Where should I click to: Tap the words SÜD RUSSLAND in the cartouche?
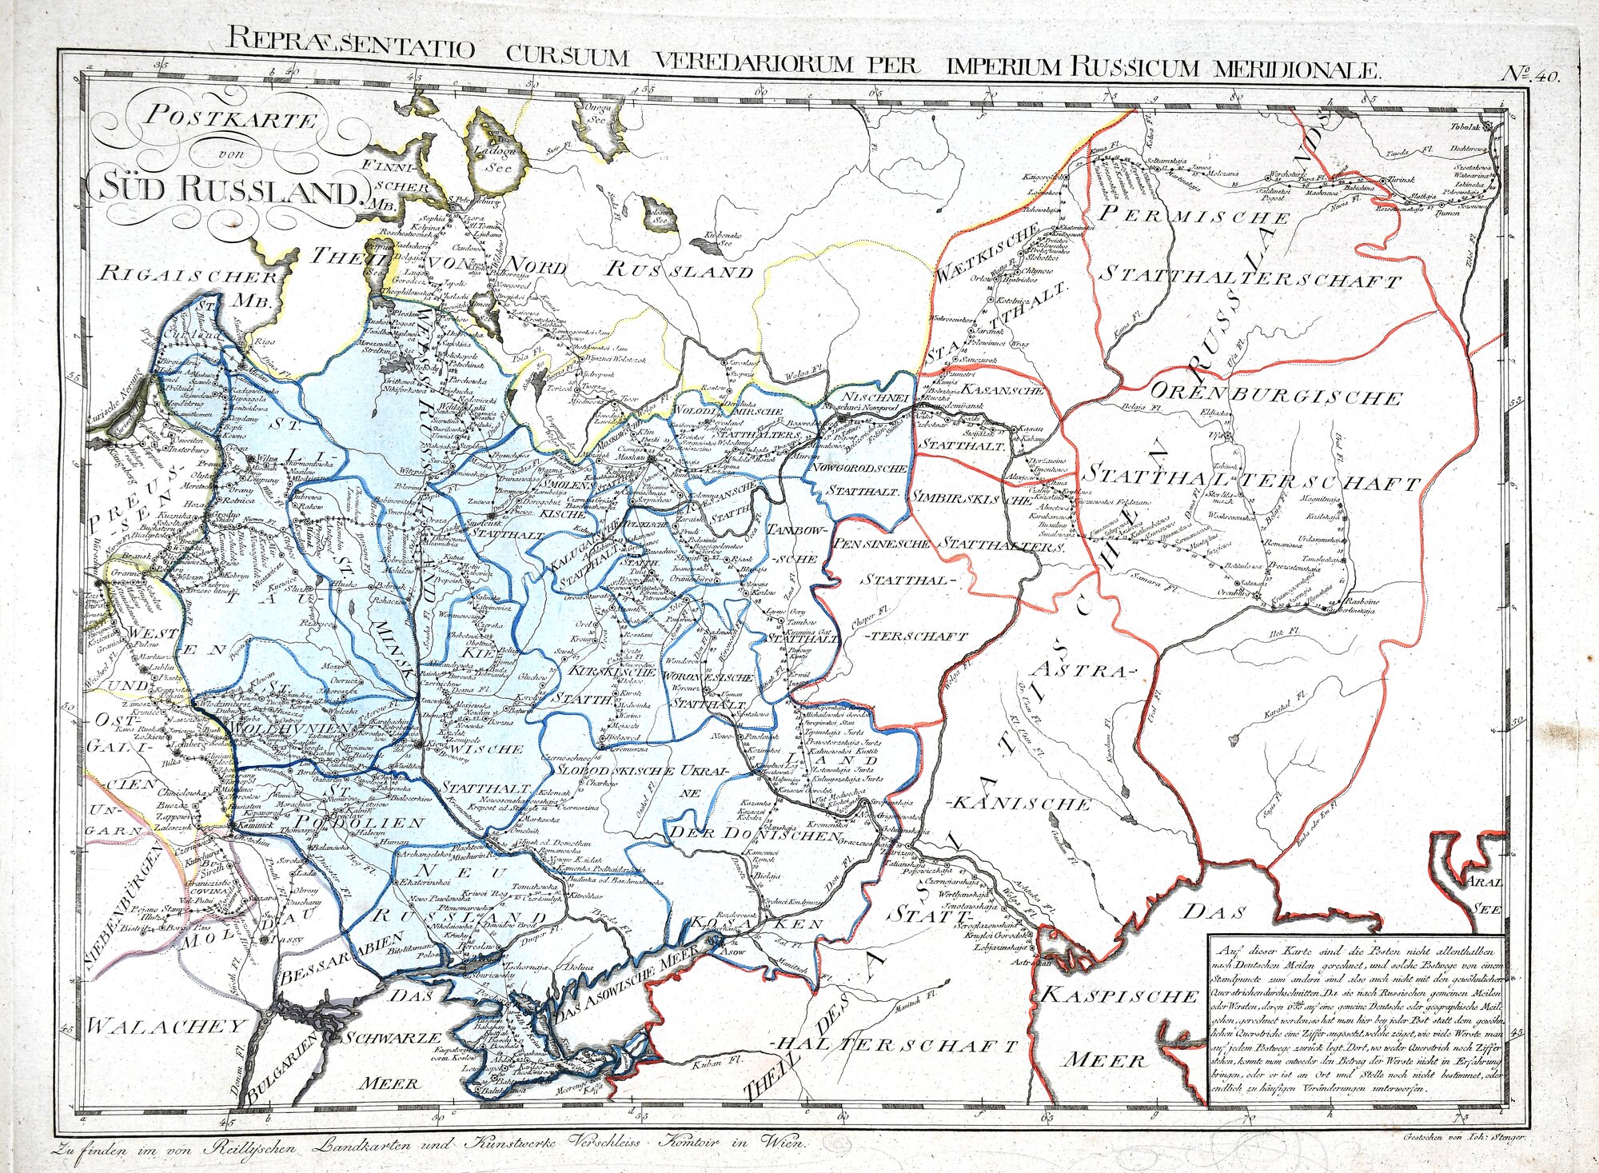click(x=224, y=190)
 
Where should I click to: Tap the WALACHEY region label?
click(x=164, y=1026)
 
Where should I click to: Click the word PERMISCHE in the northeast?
click(x=1194, y=214)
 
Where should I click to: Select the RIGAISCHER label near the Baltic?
click(x=189, y=276)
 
